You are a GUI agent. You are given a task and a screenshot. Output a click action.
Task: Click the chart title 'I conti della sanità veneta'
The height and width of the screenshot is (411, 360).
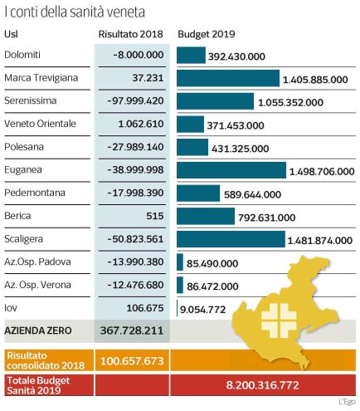tap(75, 12)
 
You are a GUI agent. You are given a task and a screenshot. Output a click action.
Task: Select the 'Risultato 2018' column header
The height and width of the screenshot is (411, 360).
tap(131, 34)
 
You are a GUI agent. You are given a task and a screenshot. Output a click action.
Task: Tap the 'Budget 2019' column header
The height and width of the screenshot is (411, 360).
tap(207, 34)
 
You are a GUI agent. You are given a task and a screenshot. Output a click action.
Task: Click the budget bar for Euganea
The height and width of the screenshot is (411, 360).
tap(231, 170)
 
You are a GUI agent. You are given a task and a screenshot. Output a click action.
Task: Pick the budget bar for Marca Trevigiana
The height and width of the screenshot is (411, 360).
tap(228, 78)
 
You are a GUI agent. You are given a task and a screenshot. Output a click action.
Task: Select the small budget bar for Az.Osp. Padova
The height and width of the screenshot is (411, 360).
tap(180, 262)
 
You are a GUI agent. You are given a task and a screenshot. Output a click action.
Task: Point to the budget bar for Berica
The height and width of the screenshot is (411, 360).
tap(206, 216)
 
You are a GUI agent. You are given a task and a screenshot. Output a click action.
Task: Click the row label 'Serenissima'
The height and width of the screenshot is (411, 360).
tap(31, 100)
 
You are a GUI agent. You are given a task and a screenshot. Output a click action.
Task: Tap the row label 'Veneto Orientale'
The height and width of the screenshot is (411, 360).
tap(40, 124)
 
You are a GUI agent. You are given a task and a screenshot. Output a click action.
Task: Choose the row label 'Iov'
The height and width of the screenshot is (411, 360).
tap(11, 308)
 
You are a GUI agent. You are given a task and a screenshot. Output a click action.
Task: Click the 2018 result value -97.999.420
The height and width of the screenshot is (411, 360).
tap(135, 100)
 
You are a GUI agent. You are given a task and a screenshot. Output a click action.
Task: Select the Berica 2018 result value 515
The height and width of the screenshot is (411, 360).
tap(155, 216)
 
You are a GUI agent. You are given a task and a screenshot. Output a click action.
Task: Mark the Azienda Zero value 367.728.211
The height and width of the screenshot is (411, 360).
tap(132, 330)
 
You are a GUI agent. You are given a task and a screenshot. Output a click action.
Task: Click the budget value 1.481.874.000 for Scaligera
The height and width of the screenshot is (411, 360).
tap(320, 241)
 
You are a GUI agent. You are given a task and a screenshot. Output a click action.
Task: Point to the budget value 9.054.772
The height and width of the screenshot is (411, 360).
tap(202, 310)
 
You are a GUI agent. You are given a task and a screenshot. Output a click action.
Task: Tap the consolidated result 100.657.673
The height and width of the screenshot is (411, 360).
tap(132, 361)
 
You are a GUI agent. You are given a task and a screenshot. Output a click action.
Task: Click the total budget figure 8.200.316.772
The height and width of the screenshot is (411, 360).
tap(262, 385)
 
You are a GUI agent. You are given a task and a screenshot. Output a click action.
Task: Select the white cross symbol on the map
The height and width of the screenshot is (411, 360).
tap(279, 320)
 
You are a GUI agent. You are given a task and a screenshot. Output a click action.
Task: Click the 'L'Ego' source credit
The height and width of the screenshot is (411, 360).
tap(347, 402)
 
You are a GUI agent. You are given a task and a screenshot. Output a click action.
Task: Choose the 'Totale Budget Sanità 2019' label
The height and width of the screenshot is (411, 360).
tap(38, 385)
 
